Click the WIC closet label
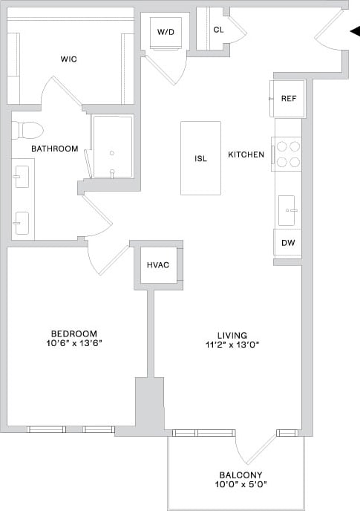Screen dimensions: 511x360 coord(69,59)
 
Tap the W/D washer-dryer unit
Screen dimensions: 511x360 coord(165,33)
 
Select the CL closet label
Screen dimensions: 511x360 coord(218,30)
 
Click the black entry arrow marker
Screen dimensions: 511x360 coord(354,30)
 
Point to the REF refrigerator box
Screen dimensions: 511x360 coord(287,99)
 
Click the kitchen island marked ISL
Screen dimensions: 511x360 coord(200,158)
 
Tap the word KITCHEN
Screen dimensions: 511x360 coord(246,154)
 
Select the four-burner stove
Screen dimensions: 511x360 coord(288,154)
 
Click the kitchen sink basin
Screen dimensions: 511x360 coord(287,210)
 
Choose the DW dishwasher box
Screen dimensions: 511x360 coord(287,242)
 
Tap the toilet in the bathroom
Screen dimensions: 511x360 coord(28,130)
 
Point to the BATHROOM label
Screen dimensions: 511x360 coord(54,149)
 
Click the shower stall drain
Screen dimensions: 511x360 coord(111,152)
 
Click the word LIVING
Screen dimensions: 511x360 coord(227,335)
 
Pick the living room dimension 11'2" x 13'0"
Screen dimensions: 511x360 coord(227,345)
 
